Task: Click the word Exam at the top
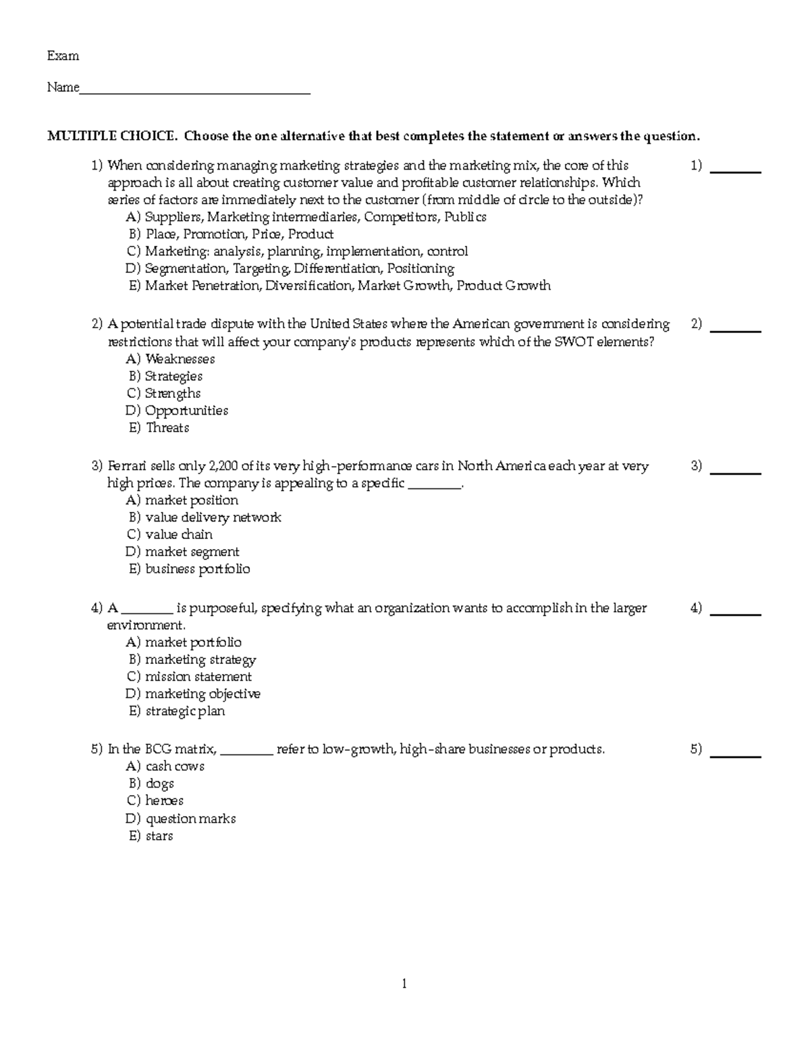(x=63, y=56)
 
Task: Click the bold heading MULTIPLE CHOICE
(x=112, y=136)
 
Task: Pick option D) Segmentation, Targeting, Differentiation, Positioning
(x=290, y=269)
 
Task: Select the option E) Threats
(x=159, y=428)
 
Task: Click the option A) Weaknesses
(x=171, y=359)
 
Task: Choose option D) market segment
(x=183, y=553)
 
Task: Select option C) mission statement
(x=190, y=677)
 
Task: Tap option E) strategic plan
(x=178, y=711)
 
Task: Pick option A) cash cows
(x=165, y=767)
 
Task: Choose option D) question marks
(x=181, y=819)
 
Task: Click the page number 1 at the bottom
(x=404, y=984)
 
